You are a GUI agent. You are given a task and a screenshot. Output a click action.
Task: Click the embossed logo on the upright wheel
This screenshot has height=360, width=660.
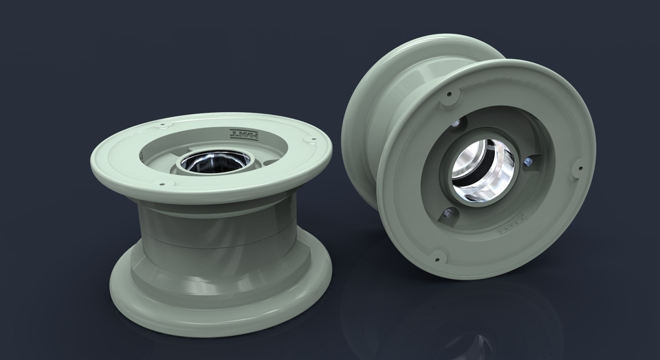point(245,134)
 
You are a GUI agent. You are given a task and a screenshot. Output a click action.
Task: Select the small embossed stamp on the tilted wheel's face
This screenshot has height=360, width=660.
point(509,230)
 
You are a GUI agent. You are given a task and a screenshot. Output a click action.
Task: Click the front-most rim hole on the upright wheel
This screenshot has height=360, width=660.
point(162,183)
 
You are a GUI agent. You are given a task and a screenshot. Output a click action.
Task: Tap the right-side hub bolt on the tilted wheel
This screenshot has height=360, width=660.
point(527,162)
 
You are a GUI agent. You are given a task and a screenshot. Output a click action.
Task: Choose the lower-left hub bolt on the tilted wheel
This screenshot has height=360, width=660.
point(448,213)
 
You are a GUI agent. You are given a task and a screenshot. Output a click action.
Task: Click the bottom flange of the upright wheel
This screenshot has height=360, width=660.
point(220,302)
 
